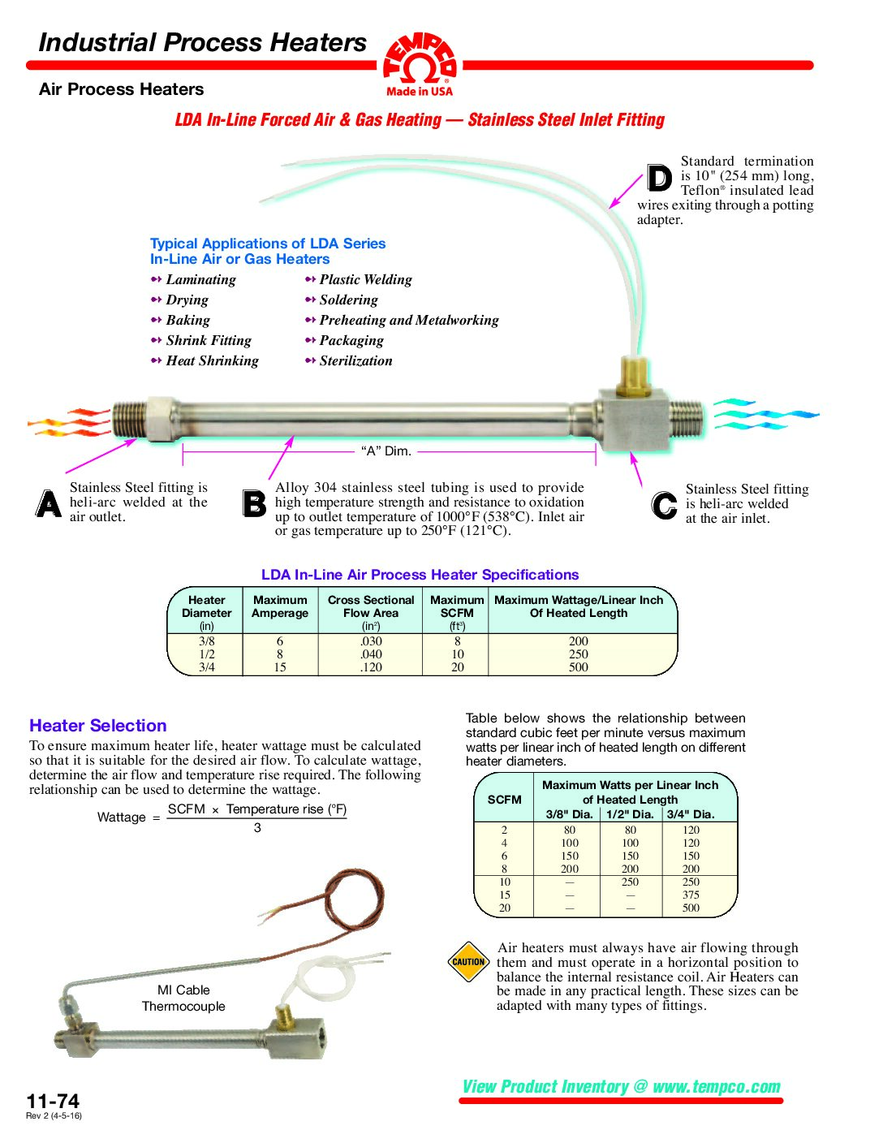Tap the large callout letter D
coord(659,178)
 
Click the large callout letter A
coord(49,503)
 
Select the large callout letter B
coord(254,503)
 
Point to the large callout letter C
coord(664,505)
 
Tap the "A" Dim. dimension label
coord(386,451)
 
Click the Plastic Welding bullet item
coord(365,279)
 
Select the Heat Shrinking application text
coord(212,360)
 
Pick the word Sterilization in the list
coord(355,360)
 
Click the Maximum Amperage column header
coord(280,606)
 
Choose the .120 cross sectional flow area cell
coord(371,667)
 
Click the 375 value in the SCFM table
coord(691,895)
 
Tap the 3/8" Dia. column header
coord(569,814)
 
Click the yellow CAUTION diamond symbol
coord(468,962)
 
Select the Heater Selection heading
coord(98,726)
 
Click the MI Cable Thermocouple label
coord(183,998)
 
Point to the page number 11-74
coord(53,1101)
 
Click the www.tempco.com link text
coord(716,1086)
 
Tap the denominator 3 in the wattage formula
coord(257,828)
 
